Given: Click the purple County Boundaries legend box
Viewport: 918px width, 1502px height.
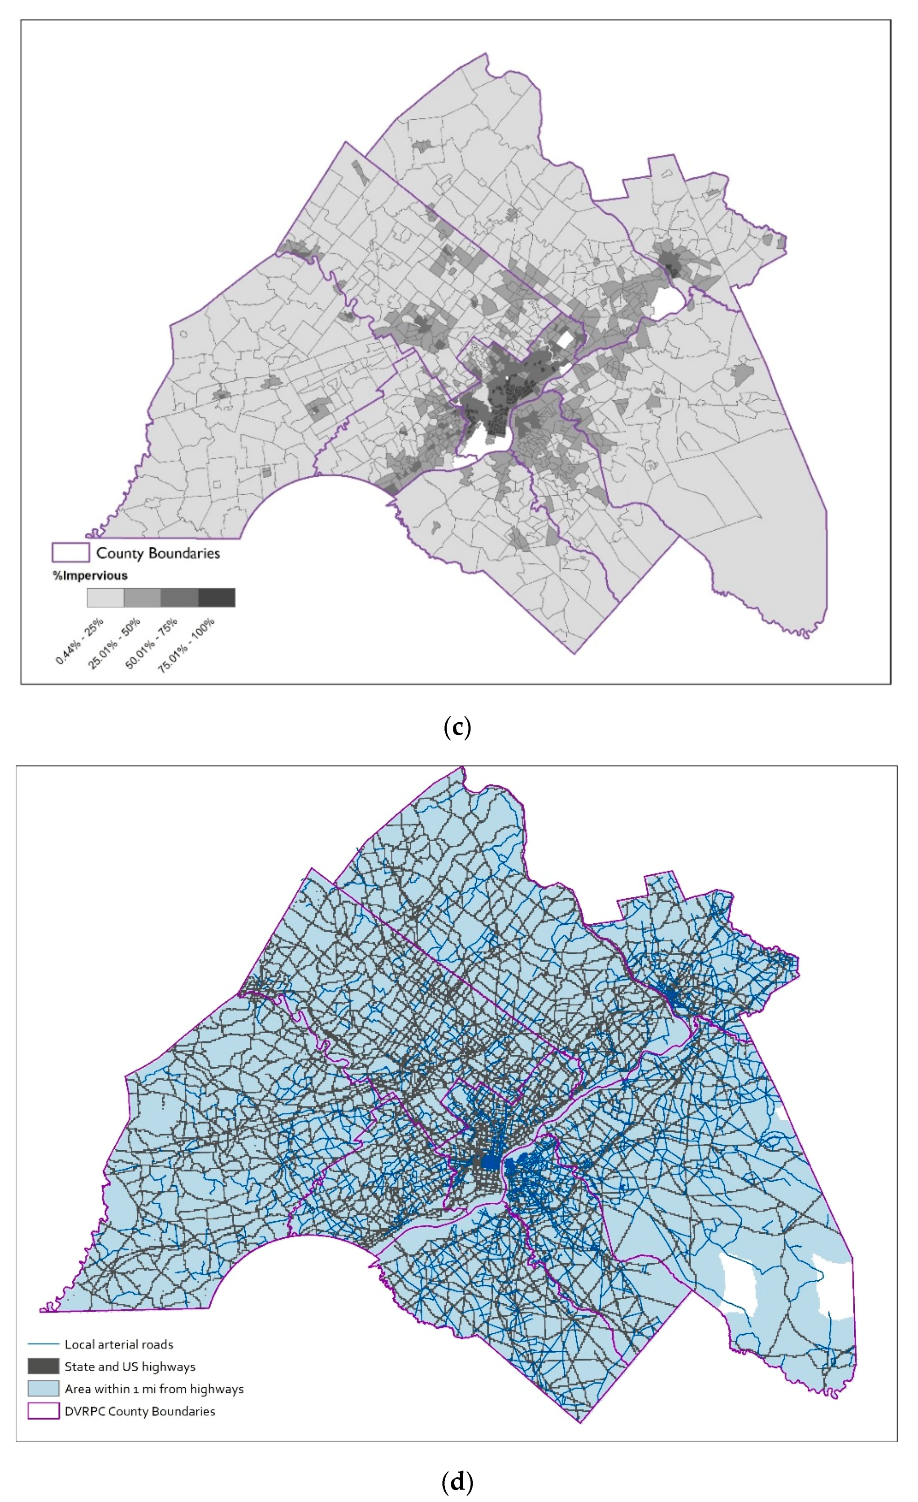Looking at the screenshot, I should tap(71, 552).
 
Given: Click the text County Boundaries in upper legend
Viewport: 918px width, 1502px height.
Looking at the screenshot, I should tap(158, 553).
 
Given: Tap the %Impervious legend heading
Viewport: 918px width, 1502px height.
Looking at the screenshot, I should tap(90, 576).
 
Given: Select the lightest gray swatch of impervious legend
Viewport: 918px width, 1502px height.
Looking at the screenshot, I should tap(105, 598).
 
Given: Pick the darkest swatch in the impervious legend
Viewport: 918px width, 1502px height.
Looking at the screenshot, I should tap(217, 598).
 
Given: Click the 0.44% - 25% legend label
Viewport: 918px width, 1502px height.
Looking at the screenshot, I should tap(80, 641).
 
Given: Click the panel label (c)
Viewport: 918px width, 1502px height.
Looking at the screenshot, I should tap(457, 727).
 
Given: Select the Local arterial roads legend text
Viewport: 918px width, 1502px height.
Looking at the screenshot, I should tap(119, 1344).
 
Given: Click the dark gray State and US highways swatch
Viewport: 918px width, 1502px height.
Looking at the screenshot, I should tap(43, 1366).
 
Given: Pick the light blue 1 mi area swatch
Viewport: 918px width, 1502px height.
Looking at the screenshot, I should tap(43, 1388).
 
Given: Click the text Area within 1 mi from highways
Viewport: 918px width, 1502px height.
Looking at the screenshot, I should tap(154, 1388).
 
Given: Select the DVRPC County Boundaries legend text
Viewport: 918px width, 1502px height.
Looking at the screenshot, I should tap(139, 1411).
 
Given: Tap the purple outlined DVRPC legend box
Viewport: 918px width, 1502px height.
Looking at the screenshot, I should tap(43, 1411).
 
